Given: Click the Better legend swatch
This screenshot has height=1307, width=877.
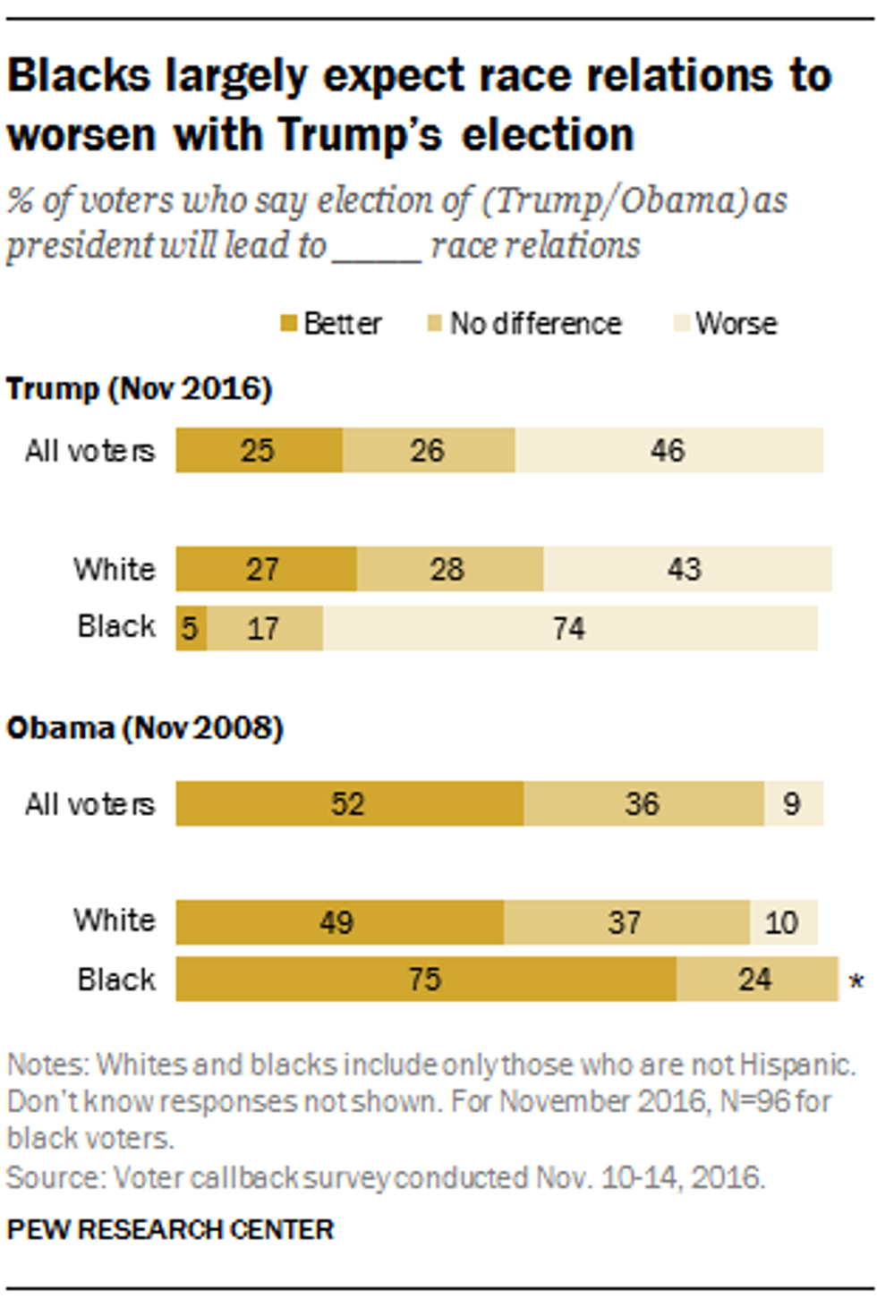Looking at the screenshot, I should [x=288, y=324].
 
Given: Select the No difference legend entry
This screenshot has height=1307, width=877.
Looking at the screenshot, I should [x=524, y=324].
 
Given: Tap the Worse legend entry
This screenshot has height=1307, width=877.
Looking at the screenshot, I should [x=726, y=324].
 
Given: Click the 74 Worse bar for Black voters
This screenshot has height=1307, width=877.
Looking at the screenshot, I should [x=570, y=628].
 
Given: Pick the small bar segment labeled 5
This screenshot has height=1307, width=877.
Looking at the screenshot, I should [x=191, y=628].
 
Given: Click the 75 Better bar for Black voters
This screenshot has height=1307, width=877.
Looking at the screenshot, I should [x=426, y=979].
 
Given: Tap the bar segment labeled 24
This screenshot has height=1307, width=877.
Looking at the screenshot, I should [x=756, y=979].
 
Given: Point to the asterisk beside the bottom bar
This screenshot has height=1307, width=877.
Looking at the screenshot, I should [x=856, y=982].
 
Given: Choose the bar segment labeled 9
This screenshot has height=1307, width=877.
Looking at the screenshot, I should [x=793, y=803].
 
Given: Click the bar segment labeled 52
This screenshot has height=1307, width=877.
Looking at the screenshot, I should [x=349, y=803].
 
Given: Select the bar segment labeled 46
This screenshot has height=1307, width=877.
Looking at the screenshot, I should [x=668, y=450].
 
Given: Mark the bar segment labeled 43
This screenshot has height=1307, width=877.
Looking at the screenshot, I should [x=686, y=569].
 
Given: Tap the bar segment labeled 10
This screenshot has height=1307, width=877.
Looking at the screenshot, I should [x=783, y=922].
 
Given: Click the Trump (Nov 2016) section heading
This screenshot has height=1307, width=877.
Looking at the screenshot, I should [x=140, y=389].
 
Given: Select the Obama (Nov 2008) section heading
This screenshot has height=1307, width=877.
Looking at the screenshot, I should [x=145, y=728].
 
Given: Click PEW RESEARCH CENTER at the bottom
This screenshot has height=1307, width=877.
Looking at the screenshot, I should [x=170, y=1229].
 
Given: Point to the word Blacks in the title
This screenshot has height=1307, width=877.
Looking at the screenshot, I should [x=79, y=76].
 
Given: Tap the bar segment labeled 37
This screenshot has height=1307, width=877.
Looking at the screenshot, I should [x=626, y=922].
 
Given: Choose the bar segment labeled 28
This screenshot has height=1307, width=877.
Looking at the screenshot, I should [x=449, y=569].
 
